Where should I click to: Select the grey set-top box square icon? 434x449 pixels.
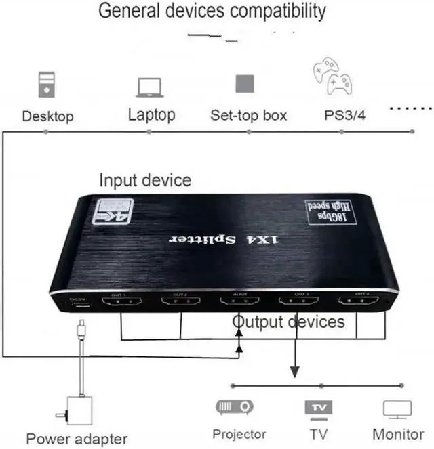(245, 84)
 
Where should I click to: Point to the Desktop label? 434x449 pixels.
(47, 116)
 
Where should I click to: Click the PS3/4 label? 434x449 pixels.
(344, 115)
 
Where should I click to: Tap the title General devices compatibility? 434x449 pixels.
(212, 12)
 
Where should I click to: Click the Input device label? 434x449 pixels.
(145, 180)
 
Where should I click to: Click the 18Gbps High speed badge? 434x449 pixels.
(329, 212)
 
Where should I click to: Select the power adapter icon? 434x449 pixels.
(81, 410)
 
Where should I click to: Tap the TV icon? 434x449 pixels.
(318, 408)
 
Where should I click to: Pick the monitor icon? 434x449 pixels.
(397, 409)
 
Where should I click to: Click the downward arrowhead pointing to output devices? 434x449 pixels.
(295, 372)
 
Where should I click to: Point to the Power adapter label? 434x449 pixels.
(77, 438)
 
